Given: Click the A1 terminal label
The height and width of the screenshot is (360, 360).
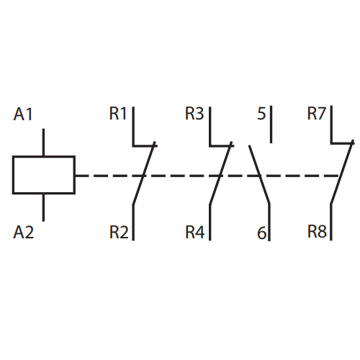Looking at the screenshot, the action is [x=23, y=114].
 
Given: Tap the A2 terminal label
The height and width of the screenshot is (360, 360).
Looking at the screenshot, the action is [x=24, y=232].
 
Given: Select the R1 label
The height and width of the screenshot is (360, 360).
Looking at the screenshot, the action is [x=118, y=113].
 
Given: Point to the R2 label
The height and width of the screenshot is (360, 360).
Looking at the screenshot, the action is [x=119, y=232].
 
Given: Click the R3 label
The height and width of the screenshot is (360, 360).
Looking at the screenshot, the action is [x=194, y=113].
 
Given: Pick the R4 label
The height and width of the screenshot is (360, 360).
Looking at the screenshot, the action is [x=195, y=232].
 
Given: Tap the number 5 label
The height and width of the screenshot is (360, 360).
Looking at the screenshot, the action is [x=261, y=114].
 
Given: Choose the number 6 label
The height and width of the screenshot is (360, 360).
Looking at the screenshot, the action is [x=262, y=233].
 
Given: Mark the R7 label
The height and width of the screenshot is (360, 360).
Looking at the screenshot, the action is [x=317, y=113].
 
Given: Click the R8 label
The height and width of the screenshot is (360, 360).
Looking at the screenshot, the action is [x=317, y=231].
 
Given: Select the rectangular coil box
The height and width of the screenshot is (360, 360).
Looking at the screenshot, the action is [x=44, y=156].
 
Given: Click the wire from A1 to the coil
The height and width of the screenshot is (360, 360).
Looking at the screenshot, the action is [x=43, y=143].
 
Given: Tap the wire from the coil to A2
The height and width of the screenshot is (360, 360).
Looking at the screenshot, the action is [x=43, y=207].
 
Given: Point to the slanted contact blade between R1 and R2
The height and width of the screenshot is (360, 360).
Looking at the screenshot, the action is [x=144, y=174].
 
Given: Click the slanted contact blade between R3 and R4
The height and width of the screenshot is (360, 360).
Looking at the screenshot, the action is [x=220, y=174].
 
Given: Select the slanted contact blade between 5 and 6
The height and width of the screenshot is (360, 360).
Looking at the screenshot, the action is [x=259, y=175].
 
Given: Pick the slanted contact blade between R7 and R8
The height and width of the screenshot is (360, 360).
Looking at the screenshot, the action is [x=342, y=172].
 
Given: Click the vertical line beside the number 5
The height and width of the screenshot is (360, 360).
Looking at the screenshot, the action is [x=271, y=125].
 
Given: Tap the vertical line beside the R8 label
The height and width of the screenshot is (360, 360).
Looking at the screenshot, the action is [x=331, y=222].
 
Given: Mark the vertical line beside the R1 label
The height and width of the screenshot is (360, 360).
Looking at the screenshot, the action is [x=133, y=126].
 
